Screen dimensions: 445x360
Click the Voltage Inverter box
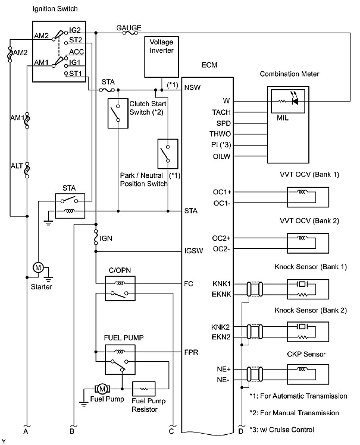[162, 57]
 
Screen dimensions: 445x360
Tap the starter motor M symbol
[39, 268]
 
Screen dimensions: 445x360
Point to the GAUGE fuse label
[129, 28]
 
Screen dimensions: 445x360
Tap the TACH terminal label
[221, 112]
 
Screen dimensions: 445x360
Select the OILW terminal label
[221, 156]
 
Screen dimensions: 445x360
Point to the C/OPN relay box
[120, 288]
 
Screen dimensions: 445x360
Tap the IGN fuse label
[106, 238]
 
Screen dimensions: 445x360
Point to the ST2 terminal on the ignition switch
[76, 40]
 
